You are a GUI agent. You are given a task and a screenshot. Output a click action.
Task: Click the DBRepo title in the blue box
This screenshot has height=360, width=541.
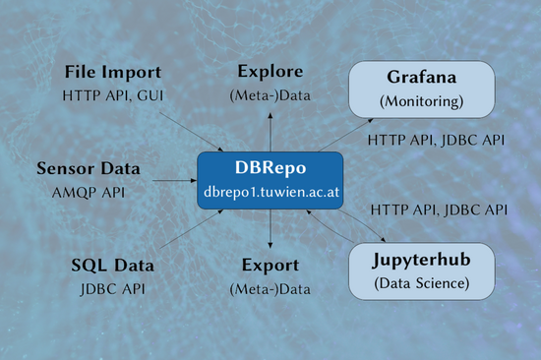[270, 167]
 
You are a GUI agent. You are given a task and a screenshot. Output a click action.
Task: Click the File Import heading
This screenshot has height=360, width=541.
[112, 73]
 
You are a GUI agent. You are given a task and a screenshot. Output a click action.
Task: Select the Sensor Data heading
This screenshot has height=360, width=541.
[87, 167]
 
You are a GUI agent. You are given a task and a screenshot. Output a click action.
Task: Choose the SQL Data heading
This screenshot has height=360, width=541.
[112, 266]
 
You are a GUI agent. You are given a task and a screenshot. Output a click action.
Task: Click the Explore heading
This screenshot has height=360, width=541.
[270, 72]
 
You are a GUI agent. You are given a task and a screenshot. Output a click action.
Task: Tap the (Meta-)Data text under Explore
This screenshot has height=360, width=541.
[270, 95]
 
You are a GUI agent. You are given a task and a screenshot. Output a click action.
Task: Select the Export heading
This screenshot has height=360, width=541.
[270, 266]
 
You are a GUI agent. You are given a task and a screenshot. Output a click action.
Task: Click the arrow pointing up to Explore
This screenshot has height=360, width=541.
[270, 130]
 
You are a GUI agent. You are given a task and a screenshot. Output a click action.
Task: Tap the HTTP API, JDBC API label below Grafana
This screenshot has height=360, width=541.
[436, 141]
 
